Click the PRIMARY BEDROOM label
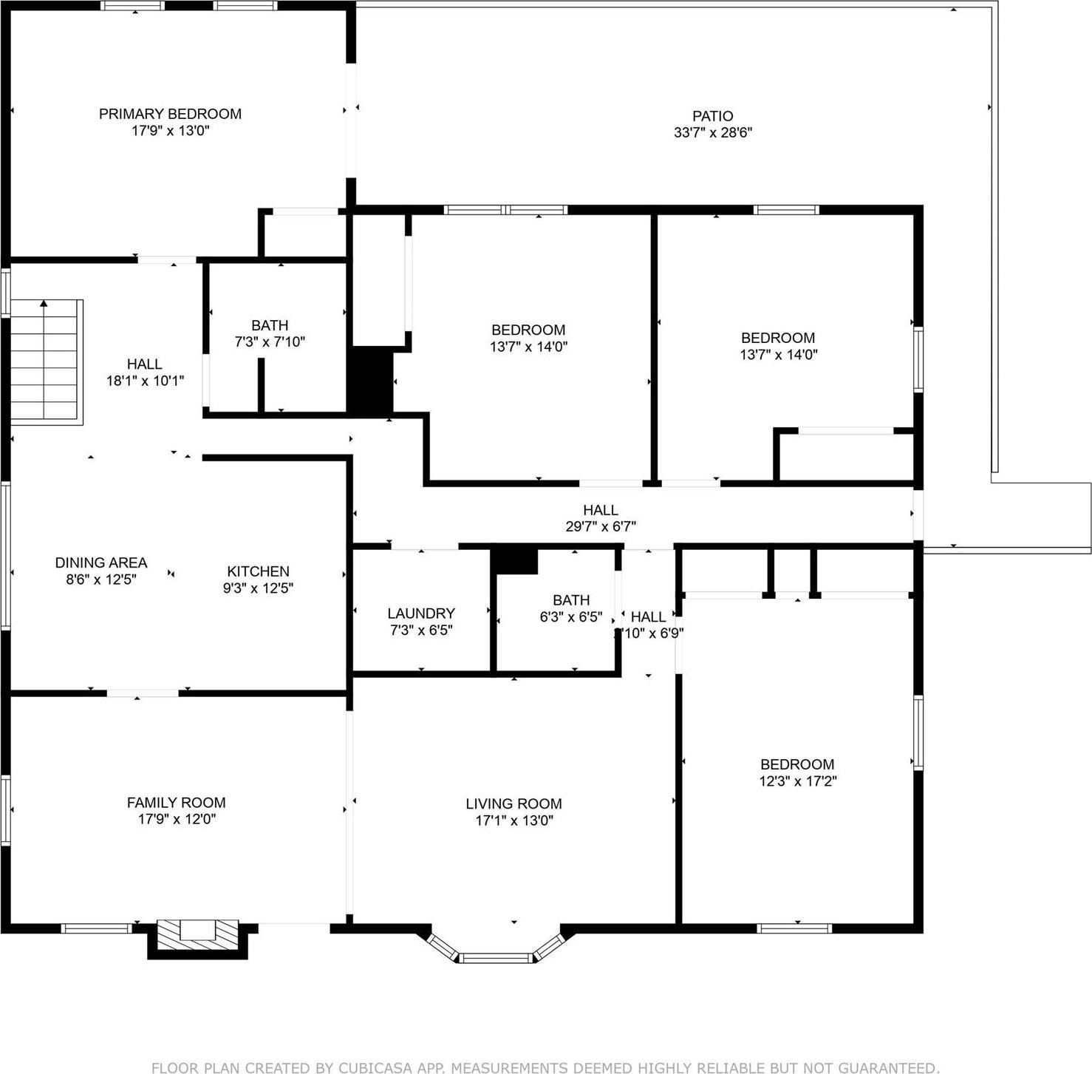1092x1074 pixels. [x=170, y=114]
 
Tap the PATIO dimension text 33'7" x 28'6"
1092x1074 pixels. [x=712, y=133]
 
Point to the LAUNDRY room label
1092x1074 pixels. [x=420, y=614]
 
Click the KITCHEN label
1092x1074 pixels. [x=258, y=571]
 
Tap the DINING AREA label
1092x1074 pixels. [x=101, y=563]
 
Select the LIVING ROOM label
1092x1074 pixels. [x=513, y=803]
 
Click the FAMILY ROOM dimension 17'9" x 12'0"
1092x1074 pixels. [x=176, y=819]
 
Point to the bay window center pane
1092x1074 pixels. [x=496, y=958]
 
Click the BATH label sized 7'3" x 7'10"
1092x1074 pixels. [x=270, y=325]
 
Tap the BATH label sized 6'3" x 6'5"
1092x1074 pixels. [x=571, y=600]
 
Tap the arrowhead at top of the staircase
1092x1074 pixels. [x=44, y=303]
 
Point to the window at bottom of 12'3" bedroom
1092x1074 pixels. [x=794, y=928]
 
